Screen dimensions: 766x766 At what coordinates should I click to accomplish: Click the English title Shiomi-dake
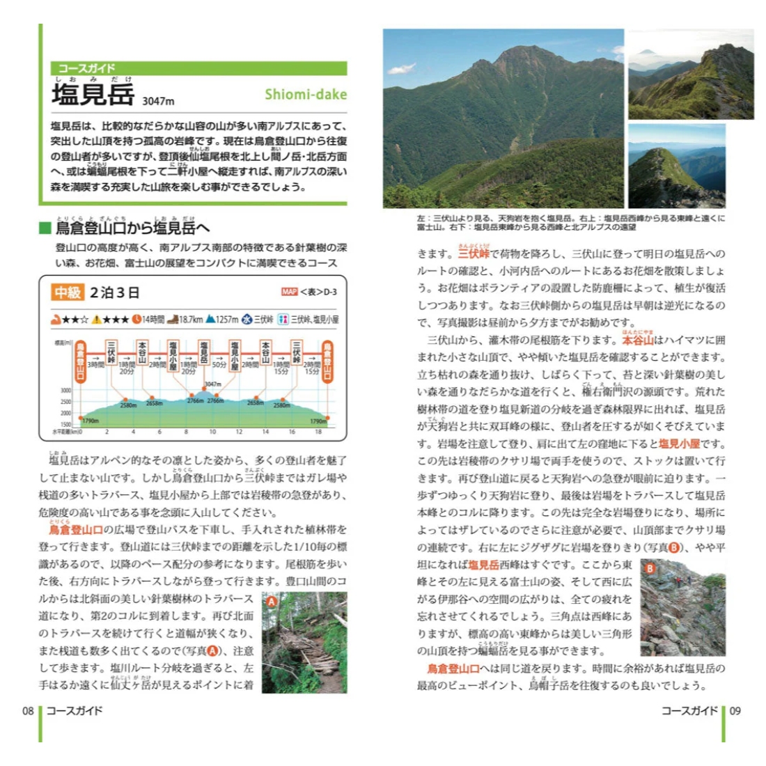tap(305, 94)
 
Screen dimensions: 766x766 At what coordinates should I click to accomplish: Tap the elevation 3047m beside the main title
tap(158, 101)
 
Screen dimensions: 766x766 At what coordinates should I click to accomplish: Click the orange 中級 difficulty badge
tap(68, 292)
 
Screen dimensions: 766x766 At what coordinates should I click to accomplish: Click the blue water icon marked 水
tap(247, 319)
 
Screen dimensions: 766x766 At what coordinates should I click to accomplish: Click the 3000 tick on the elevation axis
tap(65, 391)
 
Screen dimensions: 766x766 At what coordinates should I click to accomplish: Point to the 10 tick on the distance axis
tap(212, 432)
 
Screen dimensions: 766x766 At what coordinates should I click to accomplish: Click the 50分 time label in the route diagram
tap(219, 364)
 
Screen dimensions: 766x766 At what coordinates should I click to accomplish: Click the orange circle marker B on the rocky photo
tap(650, 568)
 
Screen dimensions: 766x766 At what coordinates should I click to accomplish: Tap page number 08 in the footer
tap(28, 711)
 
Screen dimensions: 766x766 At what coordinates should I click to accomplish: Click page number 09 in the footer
tap(735, 711)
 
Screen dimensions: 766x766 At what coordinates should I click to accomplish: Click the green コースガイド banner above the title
tap(198, 68)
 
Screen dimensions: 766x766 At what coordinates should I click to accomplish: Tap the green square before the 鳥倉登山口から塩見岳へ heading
tap(45, 228)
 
